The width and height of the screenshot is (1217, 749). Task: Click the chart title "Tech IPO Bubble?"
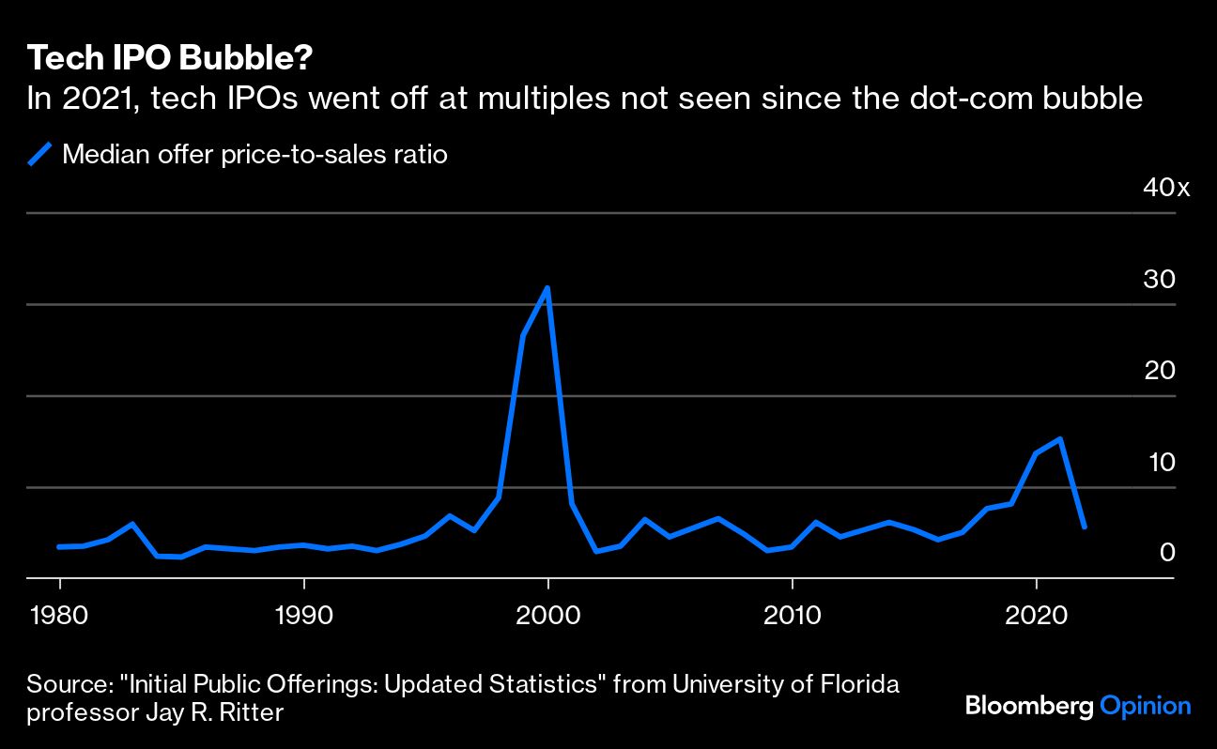170,59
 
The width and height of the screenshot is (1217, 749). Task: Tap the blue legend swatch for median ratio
40,154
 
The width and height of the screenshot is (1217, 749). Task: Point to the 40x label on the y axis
1165,189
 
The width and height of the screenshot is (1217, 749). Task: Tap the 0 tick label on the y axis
1167,553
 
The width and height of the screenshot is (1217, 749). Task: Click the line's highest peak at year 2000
547,288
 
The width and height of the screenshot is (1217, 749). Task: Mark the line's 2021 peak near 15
1060,438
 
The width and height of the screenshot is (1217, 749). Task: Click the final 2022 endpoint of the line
1085,527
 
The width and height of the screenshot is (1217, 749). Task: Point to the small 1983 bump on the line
132,524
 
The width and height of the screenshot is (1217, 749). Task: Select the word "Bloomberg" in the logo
1028,706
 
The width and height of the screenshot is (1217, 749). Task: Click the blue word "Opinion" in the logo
1145,706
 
